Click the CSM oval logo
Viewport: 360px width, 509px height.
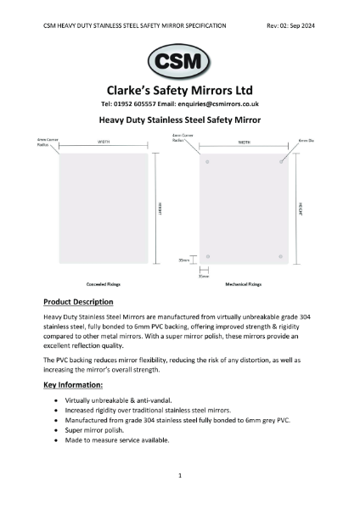180,61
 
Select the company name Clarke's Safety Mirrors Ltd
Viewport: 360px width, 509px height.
180,89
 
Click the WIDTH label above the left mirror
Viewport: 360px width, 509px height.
104,143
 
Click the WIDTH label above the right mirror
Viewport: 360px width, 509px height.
244,143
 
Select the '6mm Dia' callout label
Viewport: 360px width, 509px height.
305,136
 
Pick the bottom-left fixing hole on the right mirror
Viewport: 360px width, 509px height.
207,256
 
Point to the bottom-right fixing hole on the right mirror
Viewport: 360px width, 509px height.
281,256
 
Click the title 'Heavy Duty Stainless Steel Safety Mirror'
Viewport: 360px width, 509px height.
180,120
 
